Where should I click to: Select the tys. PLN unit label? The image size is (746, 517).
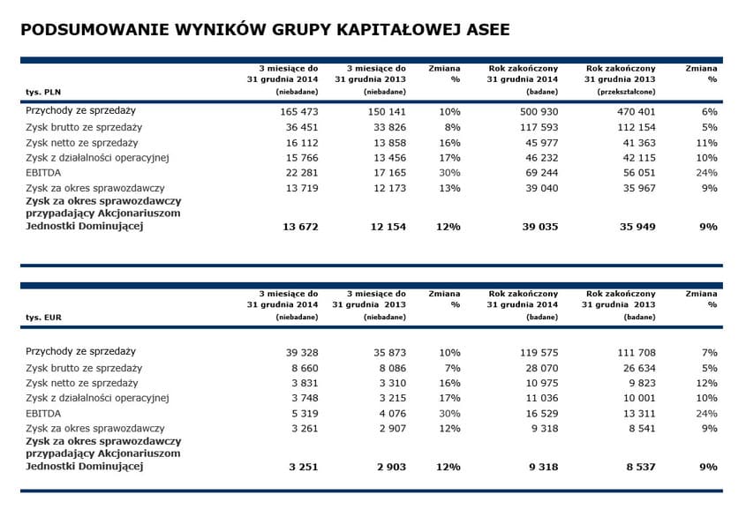click(x=42, y=92)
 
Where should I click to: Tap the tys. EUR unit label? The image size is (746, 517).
click(x=42, y=316)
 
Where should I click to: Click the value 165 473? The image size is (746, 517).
click(x=298, y=112)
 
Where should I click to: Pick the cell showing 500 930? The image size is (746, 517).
click(x=539, y=112)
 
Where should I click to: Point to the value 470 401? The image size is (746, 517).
click(x=636, y=112)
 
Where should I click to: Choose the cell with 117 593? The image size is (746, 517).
click(x=539, y=127)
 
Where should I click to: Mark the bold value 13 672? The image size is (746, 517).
click(x=298, y=227)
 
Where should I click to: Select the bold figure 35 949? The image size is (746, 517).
click(x=637, y=227)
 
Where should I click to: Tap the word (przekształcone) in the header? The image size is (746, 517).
click(x=627, y=92)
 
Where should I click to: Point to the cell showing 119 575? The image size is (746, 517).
click(x=539, y=352)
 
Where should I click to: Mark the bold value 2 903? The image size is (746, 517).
click(x=388, y=467)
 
